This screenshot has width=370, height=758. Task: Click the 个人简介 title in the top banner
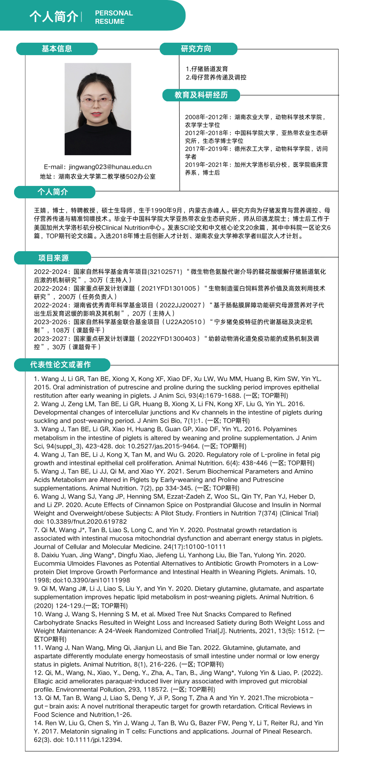click(x=53, y=17)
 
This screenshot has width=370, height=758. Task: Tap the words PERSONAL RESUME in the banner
click(x=114, y=17)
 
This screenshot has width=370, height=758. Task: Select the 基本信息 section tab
click(x=57, y=49)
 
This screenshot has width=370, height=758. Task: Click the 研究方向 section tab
click(x=196, y=49)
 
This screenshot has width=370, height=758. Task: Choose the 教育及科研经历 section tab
click(x=201, y=95)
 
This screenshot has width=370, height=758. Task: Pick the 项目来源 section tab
click(x=53, y=258)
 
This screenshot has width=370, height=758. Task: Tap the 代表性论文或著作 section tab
click(x=60, y=364)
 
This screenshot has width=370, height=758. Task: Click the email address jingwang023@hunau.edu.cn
click(x=110, y=167)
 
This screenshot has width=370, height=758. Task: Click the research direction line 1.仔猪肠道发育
click(x=207, y=69)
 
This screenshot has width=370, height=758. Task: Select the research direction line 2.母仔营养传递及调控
click(x=216, y=77)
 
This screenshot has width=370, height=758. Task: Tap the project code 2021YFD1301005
click(x=169, y=288)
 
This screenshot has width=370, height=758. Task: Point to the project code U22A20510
click(x=184, y=322)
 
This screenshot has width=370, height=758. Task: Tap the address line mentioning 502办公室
click(x=98, y=176)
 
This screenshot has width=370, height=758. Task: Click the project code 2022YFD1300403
click(x=169, y=338)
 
